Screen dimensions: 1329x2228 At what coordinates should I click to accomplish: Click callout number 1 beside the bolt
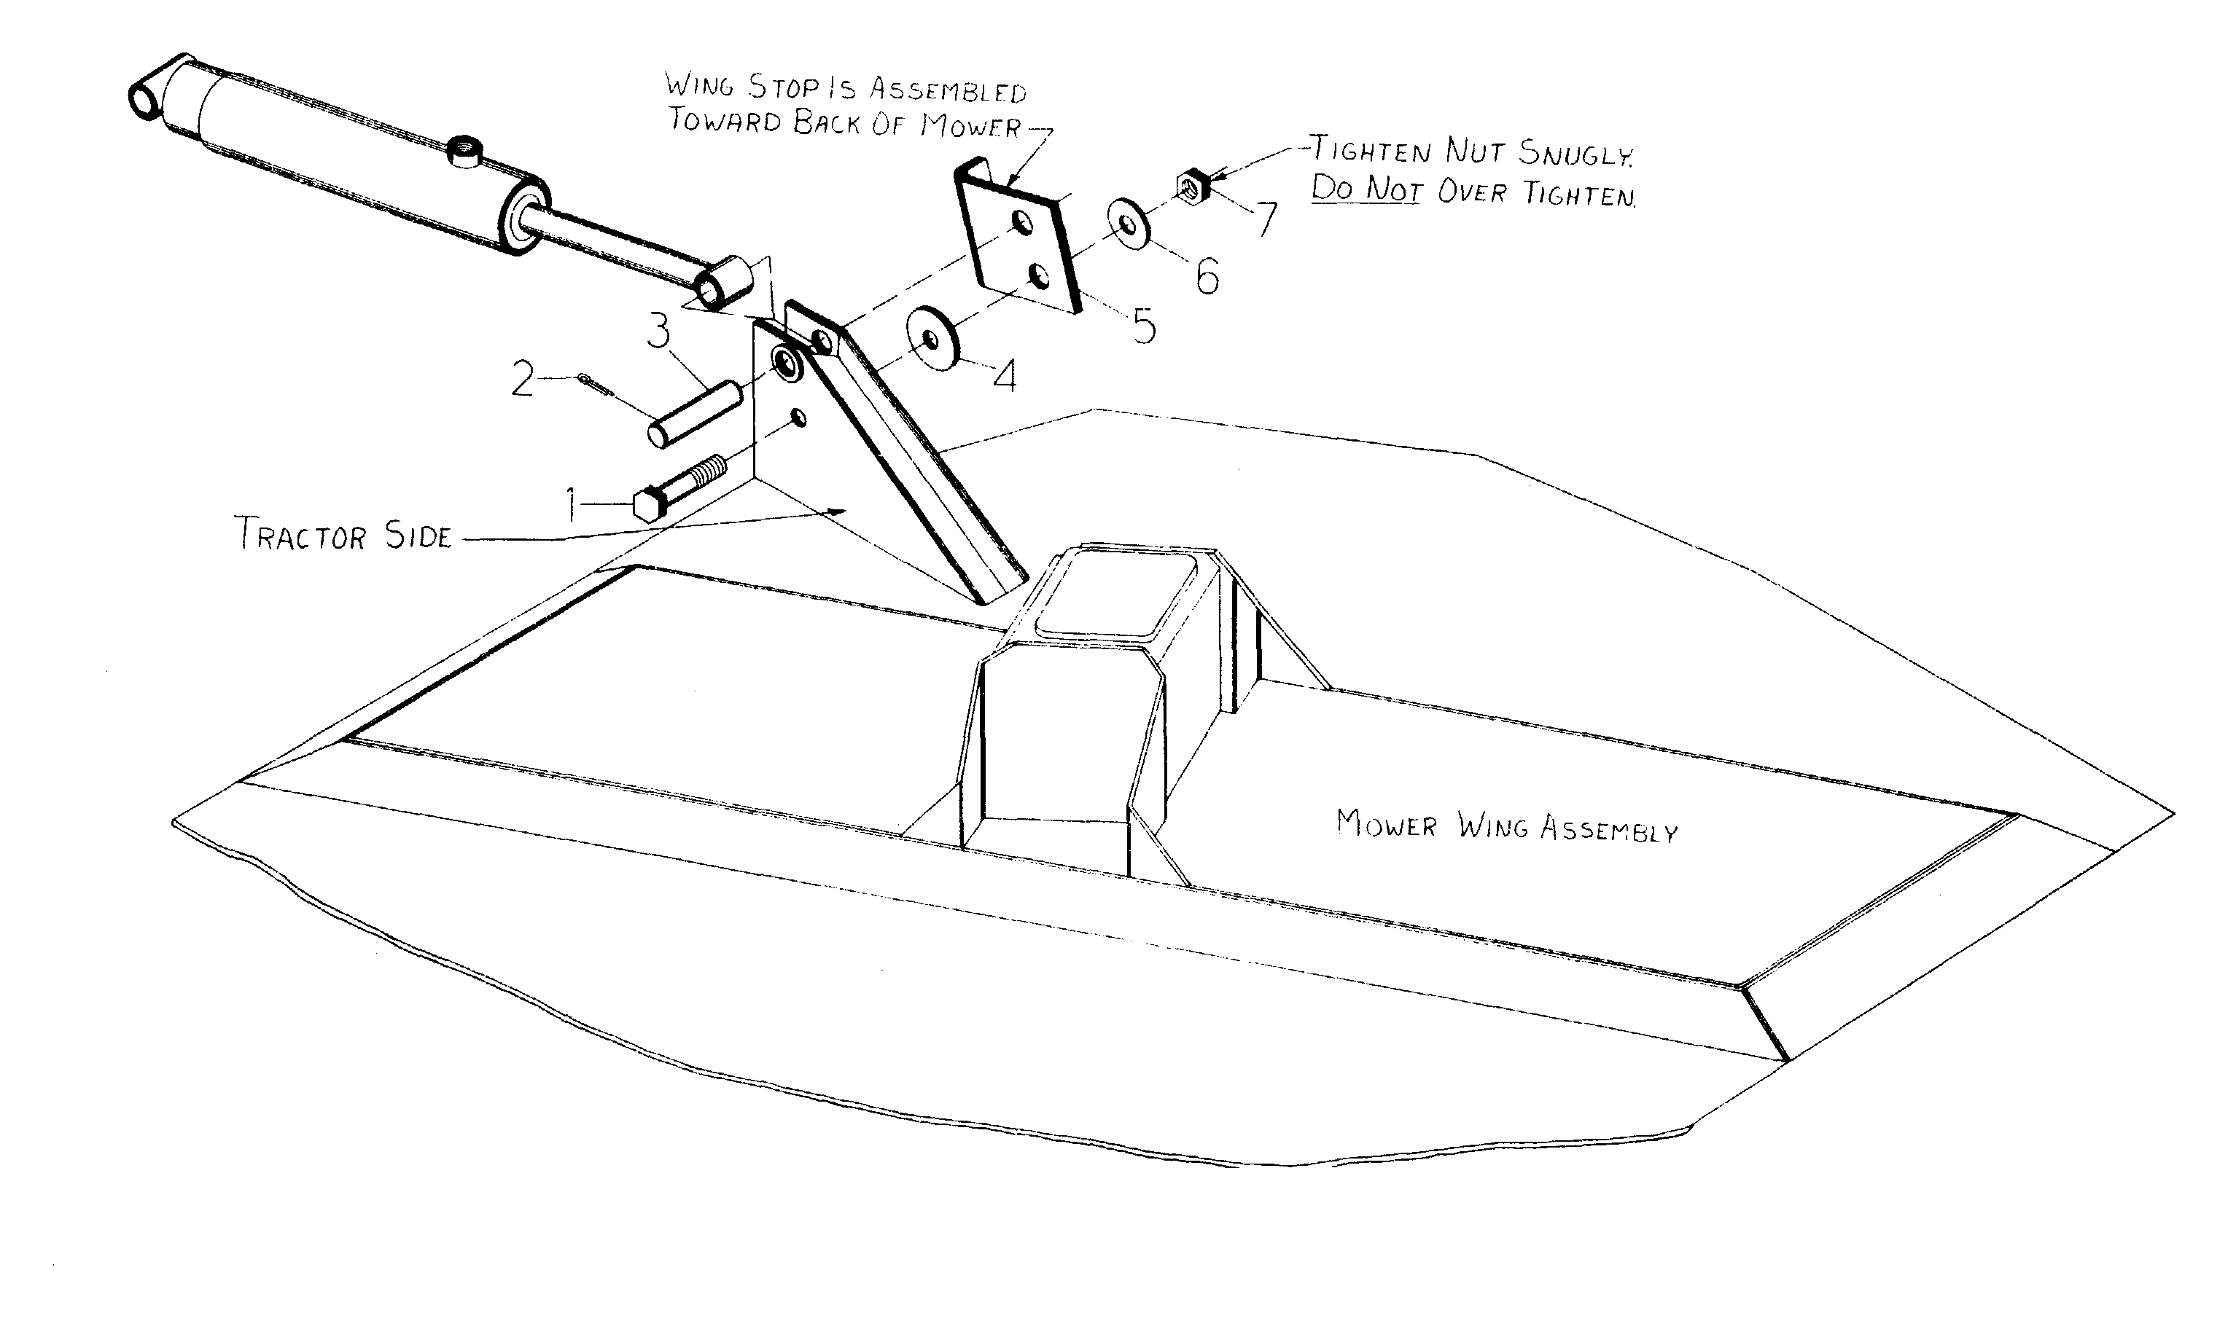tap(572, 504)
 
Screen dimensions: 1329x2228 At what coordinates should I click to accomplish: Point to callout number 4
tap(1006, 376)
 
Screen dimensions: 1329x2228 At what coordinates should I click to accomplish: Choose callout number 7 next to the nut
tap(1266, 219)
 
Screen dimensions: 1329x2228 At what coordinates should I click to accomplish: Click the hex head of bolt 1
tap(647, 505)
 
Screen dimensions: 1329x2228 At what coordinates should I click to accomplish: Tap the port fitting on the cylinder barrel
tap(466, 149)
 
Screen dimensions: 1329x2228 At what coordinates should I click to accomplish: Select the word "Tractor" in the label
tap(301, 534)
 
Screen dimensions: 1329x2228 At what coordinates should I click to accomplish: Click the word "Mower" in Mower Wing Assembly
tap(1386, 824)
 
